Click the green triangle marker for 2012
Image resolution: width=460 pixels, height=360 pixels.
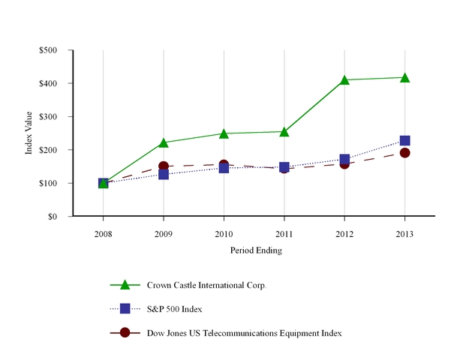tap(344, 79)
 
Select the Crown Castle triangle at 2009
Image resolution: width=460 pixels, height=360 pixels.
tap(164, 142)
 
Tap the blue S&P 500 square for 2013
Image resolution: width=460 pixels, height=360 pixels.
tap(404, 140)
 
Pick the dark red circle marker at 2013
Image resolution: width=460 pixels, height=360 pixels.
tap(404, 153)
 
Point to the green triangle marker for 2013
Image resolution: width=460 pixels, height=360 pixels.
tap(404, 77)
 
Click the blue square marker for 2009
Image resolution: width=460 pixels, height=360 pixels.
tap(164, 174)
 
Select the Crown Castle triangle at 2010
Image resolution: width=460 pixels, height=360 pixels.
tap(224, 133)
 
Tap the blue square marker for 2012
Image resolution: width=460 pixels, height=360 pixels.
tap(344, 159)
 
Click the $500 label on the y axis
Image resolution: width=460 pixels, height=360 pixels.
tap(56, 51)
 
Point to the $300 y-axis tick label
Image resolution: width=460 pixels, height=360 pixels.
tap(56, 117)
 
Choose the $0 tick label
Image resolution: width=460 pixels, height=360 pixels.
tap(60, 217)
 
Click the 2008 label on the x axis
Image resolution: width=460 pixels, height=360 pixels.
tap(103, 233)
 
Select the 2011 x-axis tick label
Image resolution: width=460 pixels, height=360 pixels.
tap(284, 233)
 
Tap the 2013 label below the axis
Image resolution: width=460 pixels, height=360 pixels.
tap(404, 233)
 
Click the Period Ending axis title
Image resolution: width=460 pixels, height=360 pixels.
tap(256, 250)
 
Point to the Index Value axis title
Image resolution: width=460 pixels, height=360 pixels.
tap(30, 133)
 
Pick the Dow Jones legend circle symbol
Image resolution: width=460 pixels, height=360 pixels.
tap(125, 332)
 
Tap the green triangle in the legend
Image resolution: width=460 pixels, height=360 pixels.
tap(125, 284)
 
